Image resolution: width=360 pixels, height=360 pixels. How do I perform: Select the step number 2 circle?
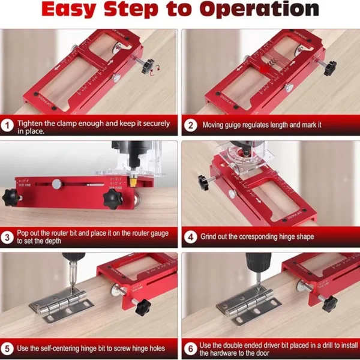point(190,126)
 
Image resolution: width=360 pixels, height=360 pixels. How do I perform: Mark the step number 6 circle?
point(190,347)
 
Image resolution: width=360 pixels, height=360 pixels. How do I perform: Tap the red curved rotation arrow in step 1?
point(157,71)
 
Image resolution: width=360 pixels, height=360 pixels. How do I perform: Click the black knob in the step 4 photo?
point(203,181)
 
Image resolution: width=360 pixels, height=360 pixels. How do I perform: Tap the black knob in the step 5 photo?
point(142,308)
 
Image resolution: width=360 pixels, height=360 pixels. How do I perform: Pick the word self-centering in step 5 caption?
point(72,347)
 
